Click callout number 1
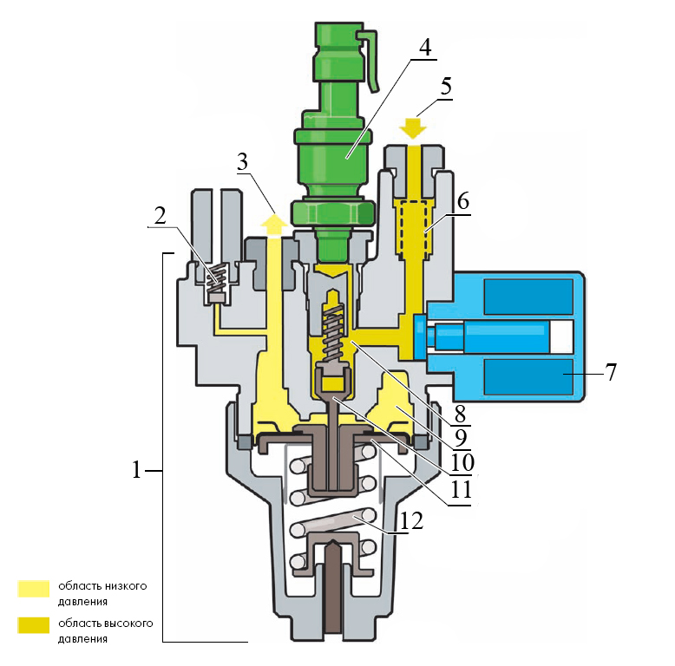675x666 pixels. point(136,470)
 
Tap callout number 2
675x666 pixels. point(161,216)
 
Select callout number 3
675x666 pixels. point(243,162)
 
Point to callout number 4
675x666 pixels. point(425,48)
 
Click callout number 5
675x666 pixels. point(446,87)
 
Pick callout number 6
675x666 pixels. point(463,201)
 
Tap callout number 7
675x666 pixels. point(612,372)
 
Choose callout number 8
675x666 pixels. point(460,415)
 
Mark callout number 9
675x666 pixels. point(461,439)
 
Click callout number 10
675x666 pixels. point(462,462)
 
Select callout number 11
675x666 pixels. point(461,489)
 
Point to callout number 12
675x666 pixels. point(411,521)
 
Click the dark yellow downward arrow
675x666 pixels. point(413,128)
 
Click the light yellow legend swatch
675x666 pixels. point(34,589)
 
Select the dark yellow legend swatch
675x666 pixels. point(34,625)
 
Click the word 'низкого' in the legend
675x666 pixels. point(127,586)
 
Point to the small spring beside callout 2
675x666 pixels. point(218,278)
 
